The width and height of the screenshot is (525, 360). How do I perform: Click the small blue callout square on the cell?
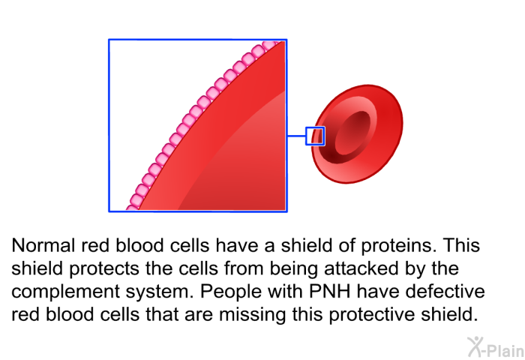(x=315, y=127)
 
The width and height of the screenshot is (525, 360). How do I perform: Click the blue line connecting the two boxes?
(x=296, y=136)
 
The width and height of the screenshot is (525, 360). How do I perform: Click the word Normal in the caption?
(x=43, y=245)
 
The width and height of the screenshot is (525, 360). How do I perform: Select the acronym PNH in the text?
(x=329, y=291)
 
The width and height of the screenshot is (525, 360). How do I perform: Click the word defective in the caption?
(x=445, y=291)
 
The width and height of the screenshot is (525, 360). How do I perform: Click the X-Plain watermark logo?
(x=496, y=346)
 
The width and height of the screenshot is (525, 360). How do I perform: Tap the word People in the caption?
(x=230, y=292)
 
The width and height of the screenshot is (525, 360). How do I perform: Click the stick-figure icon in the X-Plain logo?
(x=475, y=346)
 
